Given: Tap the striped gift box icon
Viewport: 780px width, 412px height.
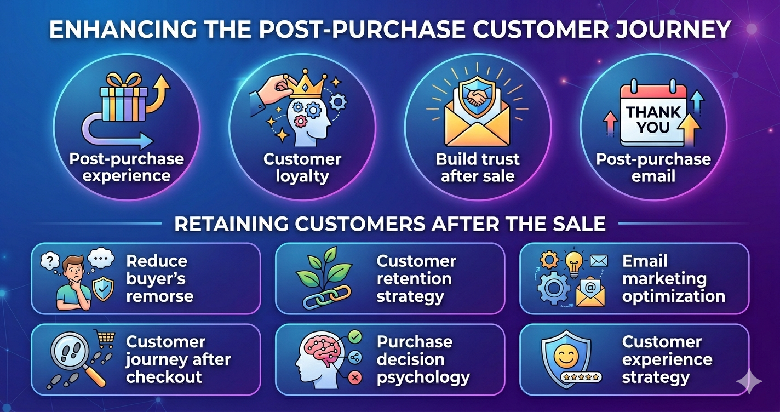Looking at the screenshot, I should (x=124, y=101).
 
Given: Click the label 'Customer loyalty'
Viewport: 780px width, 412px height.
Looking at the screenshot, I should (x=302, y=168).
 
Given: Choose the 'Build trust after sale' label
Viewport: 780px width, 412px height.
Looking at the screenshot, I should (x=478, y=168).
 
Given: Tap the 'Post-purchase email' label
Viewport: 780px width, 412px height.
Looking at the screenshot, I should (x=653, y=168).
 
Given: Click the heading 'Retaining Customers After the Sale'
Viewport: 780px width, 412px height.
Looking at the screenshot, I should (x=389, y=224).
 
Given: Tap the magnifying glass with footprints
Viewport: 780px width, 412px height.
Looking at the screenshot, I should (x=72, y=356).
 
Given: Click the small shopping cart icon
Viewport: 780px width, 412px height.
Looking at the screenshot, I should (x=106, y=338).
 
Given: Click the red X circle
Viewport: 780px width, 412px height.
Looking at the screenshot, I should (x=355, y=377).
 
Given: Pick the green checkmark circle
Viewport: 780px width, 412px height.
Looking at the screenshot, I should (x=355, y=336).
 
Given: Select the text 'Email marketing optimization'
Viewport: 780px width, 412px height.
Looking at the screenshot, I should (x=674, y=279).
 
